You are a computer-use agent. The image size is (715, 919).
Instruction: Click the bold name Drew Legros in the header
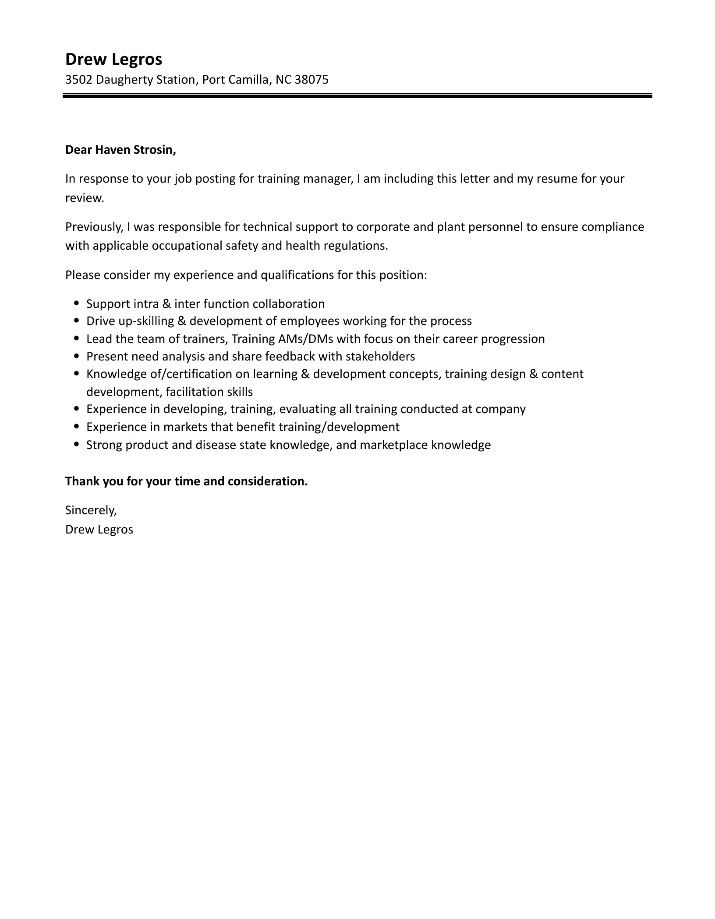[113, 59]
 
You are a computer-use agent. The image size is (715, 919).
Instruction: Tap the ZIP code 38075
[311, 80]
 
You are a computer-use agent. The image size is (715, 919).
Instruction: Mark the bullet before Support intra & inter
[77, 303]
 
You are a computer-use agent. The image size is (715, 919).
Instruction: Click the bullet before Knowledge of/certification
[77, 374]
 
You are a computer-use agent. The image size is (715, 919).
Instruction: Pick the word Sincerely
[91, 510]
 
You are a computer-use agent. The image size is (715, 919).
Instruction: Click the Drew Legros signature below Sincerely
[99, 530]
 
